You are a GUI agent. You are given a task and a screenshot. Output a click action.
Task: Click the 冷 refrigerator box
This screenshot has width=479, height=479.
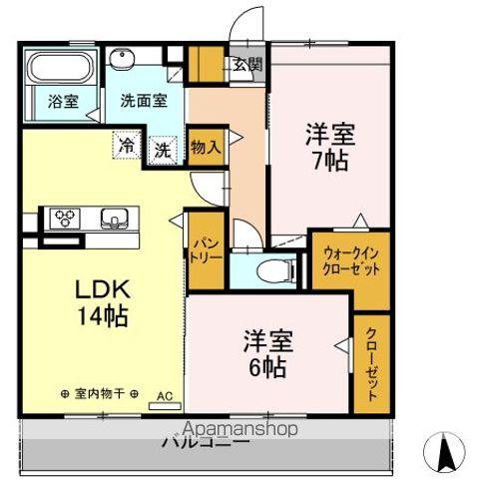point(127,145)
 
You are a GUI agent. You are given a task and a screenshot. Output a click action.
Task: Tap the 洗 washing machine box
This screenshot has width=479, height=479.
point(162,151)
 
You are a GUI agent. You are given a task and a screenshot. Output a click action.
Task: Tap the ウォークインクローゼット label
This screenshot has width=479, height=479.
point(349,261)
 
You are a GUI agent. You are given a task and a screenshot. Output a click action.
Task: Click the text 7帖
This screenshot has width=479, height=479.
point(328,160)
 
